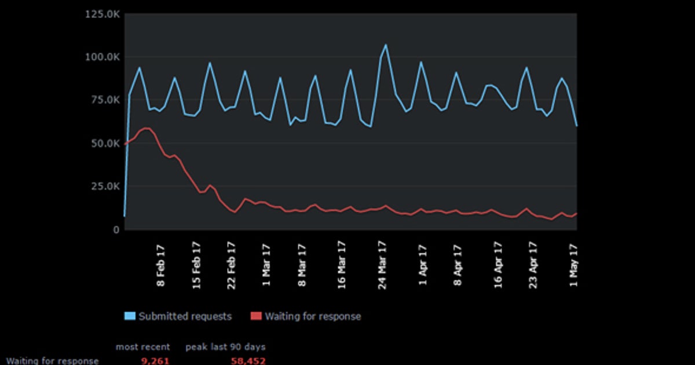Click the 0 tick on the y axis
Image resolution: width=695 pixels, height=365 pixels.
coord(116,229)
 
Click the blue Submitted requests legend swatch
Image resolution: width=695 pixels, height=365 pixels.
coord(130,316)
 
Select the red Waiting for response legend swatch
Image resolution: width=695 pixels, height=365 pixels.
coord(256,316)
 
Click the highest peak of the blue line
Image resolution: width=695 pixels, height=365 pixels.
coord(386,45)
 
